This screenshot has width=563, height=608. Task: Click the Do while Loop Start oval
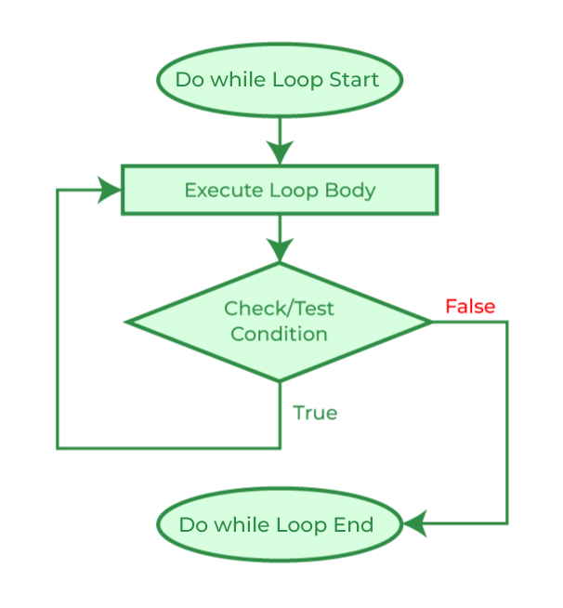279,80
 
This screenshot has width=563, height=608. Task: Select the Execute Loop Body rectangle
279,191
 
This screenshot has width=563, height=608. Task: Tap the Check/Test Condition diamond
279,322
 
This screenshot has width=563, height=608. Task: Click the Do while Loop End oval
279,525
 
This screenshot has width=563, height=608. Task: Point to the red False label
469,307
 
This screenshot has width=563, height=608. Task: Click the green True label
315,413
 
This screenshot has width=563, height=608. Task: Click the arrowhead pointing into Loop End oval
414,524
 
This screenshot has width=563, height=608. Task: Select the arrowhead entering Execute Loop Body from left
111,191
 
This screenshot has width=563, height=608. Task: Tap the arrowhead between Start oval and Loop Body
279,153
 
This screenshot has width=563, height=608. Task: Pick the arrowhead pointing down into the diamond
279,249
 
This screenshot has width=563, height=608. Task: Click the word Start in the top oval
354,80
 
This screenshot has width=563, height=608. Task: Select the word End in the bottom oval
355,525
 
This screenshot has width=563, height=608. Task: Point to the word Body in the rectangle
350,191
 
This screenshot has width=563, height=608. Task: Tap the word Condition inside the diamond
279,334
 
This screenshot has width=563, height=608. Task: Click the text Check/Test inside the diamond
279,309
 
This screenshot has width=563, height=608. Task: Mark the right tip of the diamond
431,322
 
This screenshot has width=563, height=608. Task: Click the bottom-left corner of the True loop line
58,448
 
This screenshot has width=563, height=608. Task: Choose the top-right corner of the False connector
507,322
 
